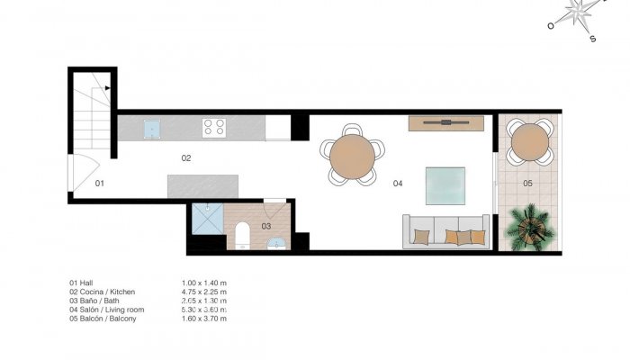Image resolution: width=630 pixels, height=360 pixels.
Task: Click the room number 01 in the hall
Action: [100, 183]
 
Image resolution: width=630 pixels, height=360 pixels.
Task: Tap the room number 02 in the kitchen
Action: [186, 158]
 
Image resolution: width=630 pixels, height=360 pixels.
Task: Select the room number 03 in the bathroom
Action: [266, 226]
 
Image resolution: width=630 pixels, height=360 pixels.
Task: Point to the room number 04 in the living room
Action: [398, 184]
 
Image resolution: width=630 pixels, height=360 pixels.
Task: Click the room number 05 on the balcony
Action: [527, 184]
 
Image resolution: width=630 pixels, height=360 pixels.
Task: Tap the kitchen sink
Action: [151, 128]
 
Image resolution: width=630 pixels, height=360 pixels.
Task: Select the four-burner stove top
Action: [213, 128]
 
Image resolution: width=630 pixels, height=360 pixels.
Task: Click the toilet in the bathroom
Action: [240, 237]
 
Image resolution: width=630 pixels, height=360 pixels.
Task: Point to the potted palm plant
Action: [528, 229]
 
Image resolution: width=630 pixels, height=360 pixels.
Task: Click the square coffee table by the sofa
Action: [445, 186]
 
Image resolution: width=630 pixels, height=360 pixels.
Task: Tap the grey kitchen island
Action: [202, 186]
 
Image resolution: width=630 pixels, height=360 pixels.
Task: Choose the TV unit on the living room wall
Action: [446, 121]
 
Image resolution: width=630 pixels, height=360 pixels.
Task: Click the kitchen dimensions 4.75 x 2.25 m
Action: [204, 292]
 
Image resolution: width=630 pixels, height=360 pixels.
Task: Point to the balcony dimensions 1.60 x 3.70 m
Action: [204, 319]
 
